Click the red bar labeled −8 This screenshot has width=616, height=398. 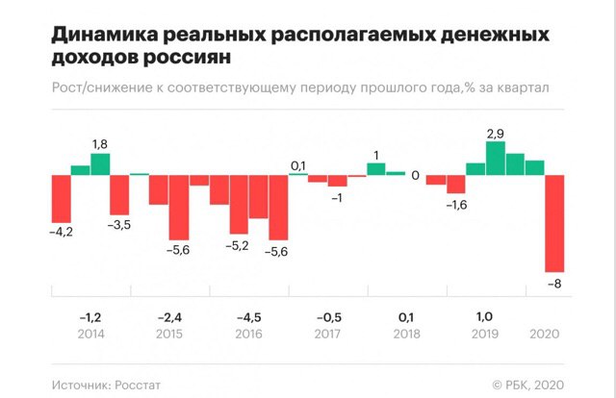pos(554,223)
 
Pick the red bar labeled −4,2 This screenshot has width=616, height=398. pos(61,199)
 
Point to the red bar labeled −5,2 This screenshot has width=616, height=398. pos(238,205)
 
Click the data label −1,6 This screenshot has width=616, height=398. pos(455,205)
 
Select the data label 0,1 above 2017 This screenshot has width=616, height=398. pos(298,165)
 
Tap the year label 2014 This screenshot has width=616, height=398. pos(90,335)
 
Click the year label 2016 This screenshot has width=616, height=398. pos(248,335)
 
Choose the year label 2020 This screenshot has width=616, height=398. pos(546,335)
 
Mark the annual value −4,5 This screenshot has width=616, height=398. pos(248,316)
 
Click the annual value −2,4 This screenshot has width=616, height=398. pos(169,316)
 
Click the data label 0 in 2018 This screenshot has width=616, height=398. pos(415,176)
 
